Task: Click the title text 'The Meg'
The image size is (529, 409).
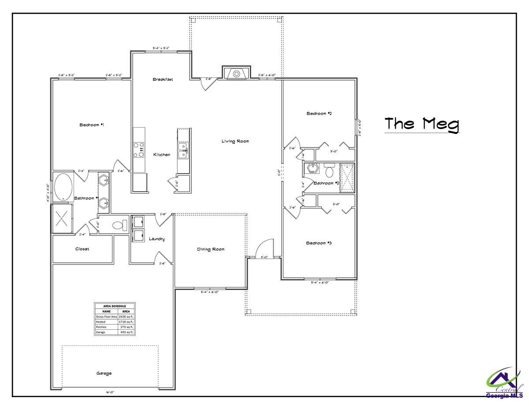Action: coord(421,124)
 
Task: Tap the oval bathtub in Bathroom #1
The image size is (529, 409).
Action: coord(64,187)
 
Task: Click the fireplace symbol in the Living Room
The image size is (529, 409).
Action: coord(236,73)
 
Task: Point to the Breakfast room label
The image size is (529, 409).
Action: coord(163,80)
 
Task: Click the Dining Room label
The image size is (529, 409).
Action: coord(210,249)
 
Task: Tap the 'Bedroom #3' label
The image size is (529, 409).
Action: coord(319,243)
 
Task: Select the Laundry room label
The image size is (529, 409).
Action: coord(157,239)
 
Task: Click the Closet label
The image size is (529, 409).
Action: coord(82,249)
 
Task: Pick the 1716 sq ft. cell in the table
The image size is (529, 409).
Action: coord(126,322)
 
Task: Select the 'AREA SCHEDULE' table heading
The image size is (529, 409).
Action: coord(114,306)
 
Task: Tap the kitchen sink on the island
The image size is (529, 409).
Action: coord(183,150)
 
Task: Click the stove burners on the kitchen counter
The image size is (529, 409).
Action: coord(139,149)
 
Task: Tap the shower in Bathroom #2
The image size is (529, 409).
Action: coord(347,178)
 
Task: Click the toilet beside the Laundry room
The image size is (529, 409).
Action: coord(118,225)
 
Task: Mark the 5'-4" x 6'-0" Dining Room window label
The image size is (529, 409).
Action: coord(210,292)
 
